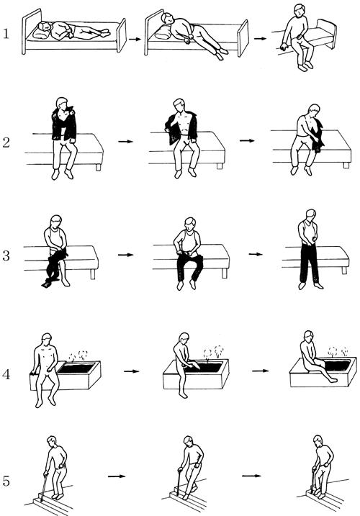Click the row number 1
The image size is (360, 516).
pyautogui.click(x=6, y=34)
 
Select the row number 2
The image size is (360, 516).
pyautogui.click(x=6, y=142)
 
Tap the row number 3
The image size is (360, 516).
pyautogui.click(x=6, y=255)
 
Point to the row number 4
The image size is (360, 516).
pyautogui.click(x=6, y=374)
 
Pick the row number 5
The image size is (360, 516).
pyautogui.click(x=6, y=481)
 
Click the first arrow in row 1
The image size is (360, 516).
pyautogui.click(x=135, y=39)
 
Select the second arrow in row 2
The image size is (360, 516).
pyautogui.click(x=247, y=141)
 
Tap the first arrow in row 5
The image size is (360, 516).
pyautogui.click(x=117, y=476)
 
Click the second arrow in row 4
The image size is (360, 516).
pyautogui.click(x=260, y=371)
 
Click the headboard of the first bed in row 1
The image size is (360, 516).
pyautogui.click(x=31, y=30)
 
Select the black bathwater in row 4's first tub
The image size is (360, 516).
pyautogui.click(x=77, y=368)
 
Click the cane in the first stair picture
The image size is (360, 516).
pyautogui.click(x=43, y=486)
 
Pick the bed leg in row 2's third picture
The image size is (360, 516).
pyautogui.click(x=346, y=165)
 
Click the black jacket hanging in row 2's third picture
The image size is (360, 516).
pyautogui.click(x=318, y=137)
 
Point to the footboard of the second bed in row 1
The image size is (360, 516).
pyautogui.click(x=243, y=37)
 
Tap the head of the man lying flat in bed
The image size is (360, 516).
pyautogui.click(x=45, y=27)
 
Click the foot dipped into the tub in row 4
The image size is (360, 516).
pyautogui.click(x=332, y=379)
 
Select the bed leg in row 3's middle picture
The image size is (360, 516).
pyautogui.click(x=225, y=273)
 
